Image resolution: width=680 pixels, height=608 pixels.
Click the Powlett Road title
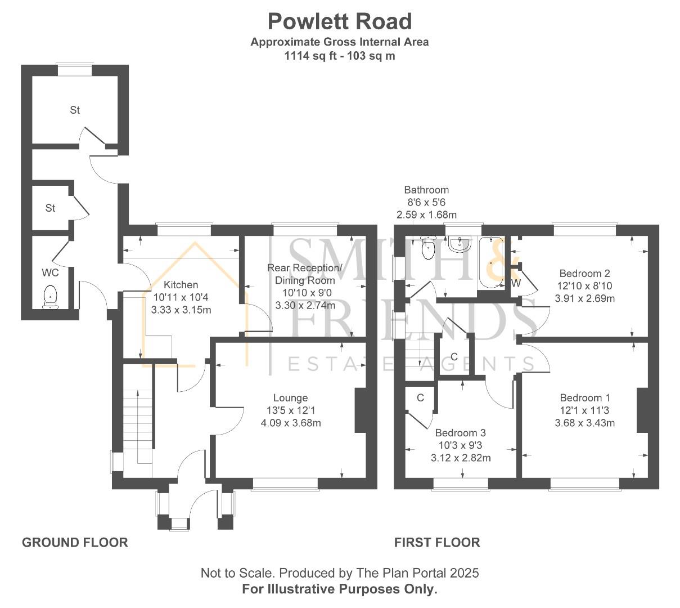coord(340,21)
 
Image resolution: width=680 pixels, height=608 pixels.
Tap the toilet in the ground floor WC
coord(51,297)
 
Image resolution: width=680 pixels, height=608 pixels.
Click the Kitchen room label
coord(181,285)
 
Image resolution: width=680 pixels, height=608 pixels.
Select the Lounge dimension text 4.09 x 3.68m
coord(291,423)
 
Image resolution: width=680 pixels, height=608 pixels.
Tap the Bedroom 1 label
coord(584,397)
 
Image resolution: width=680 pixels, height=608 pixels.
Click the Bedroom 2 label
coord(585,273)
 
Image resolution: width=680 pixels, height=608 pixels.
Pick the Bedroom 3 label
coord(460,433)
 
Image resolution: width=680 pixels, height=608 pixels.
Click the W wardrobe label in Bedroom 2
coord(516,283)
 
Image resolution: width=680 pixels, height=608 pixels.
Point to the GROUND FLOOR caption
coord(75,542)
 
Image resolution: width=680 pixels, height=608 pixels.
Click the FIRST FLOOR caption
coord(436,542)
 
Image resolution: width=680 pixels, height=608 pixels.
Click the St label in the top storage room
coord(75,110)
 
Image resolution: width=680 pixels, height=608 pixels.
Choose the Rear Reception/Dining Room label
coord(304,274)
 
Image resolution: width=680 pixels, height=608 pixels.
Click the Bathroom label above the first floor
coord(426,190)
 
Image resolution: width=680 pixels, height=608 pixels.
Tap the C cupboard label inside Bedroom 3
coord(420,397)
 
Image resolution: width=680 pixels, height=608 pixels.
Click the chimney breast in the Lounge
coord(360,410)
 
